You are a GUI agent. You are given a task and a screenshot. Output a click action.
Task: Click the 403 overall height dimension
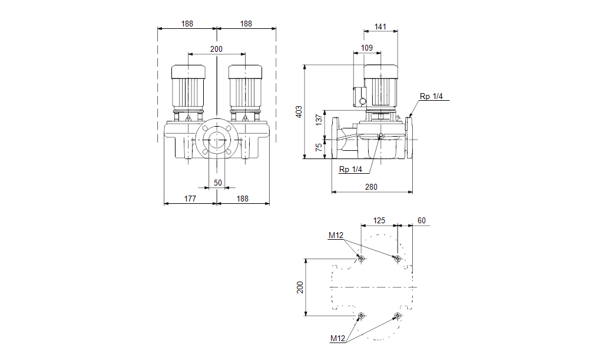coord(299,111)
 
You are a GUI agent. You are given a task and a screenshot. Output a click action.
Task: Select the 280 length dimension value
coord(371,187)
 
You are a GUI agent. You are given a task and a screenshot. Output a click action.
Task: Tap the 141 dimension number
coord(380,27)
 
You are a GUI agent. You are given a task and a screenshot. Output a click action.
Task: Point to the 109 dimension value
coord(366,48)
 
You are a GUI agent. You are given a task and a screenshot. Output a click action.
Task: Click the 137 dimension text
coord(319,120)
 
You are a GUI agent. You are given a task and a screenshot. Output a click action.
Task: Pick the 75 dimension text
coord(319,148)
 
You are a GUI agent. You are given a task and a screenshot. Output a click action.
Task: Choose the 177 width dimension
coord(190,199)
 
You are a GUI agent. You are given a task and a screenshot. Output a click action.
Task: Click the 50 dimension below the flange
coord(218,183)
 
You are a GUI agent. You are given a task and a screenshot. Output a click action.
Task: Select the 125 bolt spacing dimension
coord(379,220)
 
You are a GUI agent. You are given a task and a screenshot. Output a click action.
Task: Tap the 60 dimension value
coord(421,220)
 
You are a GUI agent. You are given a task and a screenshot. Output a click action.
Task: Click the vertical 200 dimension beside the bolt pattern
coord(299,287)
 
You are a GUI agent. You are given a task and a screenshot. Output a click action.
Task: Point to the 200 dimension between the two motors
coord(216,48)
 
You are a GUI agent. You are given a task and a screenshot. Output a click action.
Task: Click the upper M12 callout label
coord(336,236)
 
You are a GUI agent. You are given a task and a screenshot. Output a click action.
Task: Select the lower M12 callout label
coord(337,338)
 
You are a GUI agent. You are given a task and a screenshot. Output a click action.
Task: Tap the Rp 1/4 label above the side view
coord(431,96)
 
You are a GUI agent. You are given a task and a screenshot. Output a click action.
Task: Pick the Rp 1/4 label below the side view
coord(350,170)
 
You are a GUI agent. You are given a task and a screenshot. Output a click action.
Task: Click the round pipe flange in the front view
coord(217,141)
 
